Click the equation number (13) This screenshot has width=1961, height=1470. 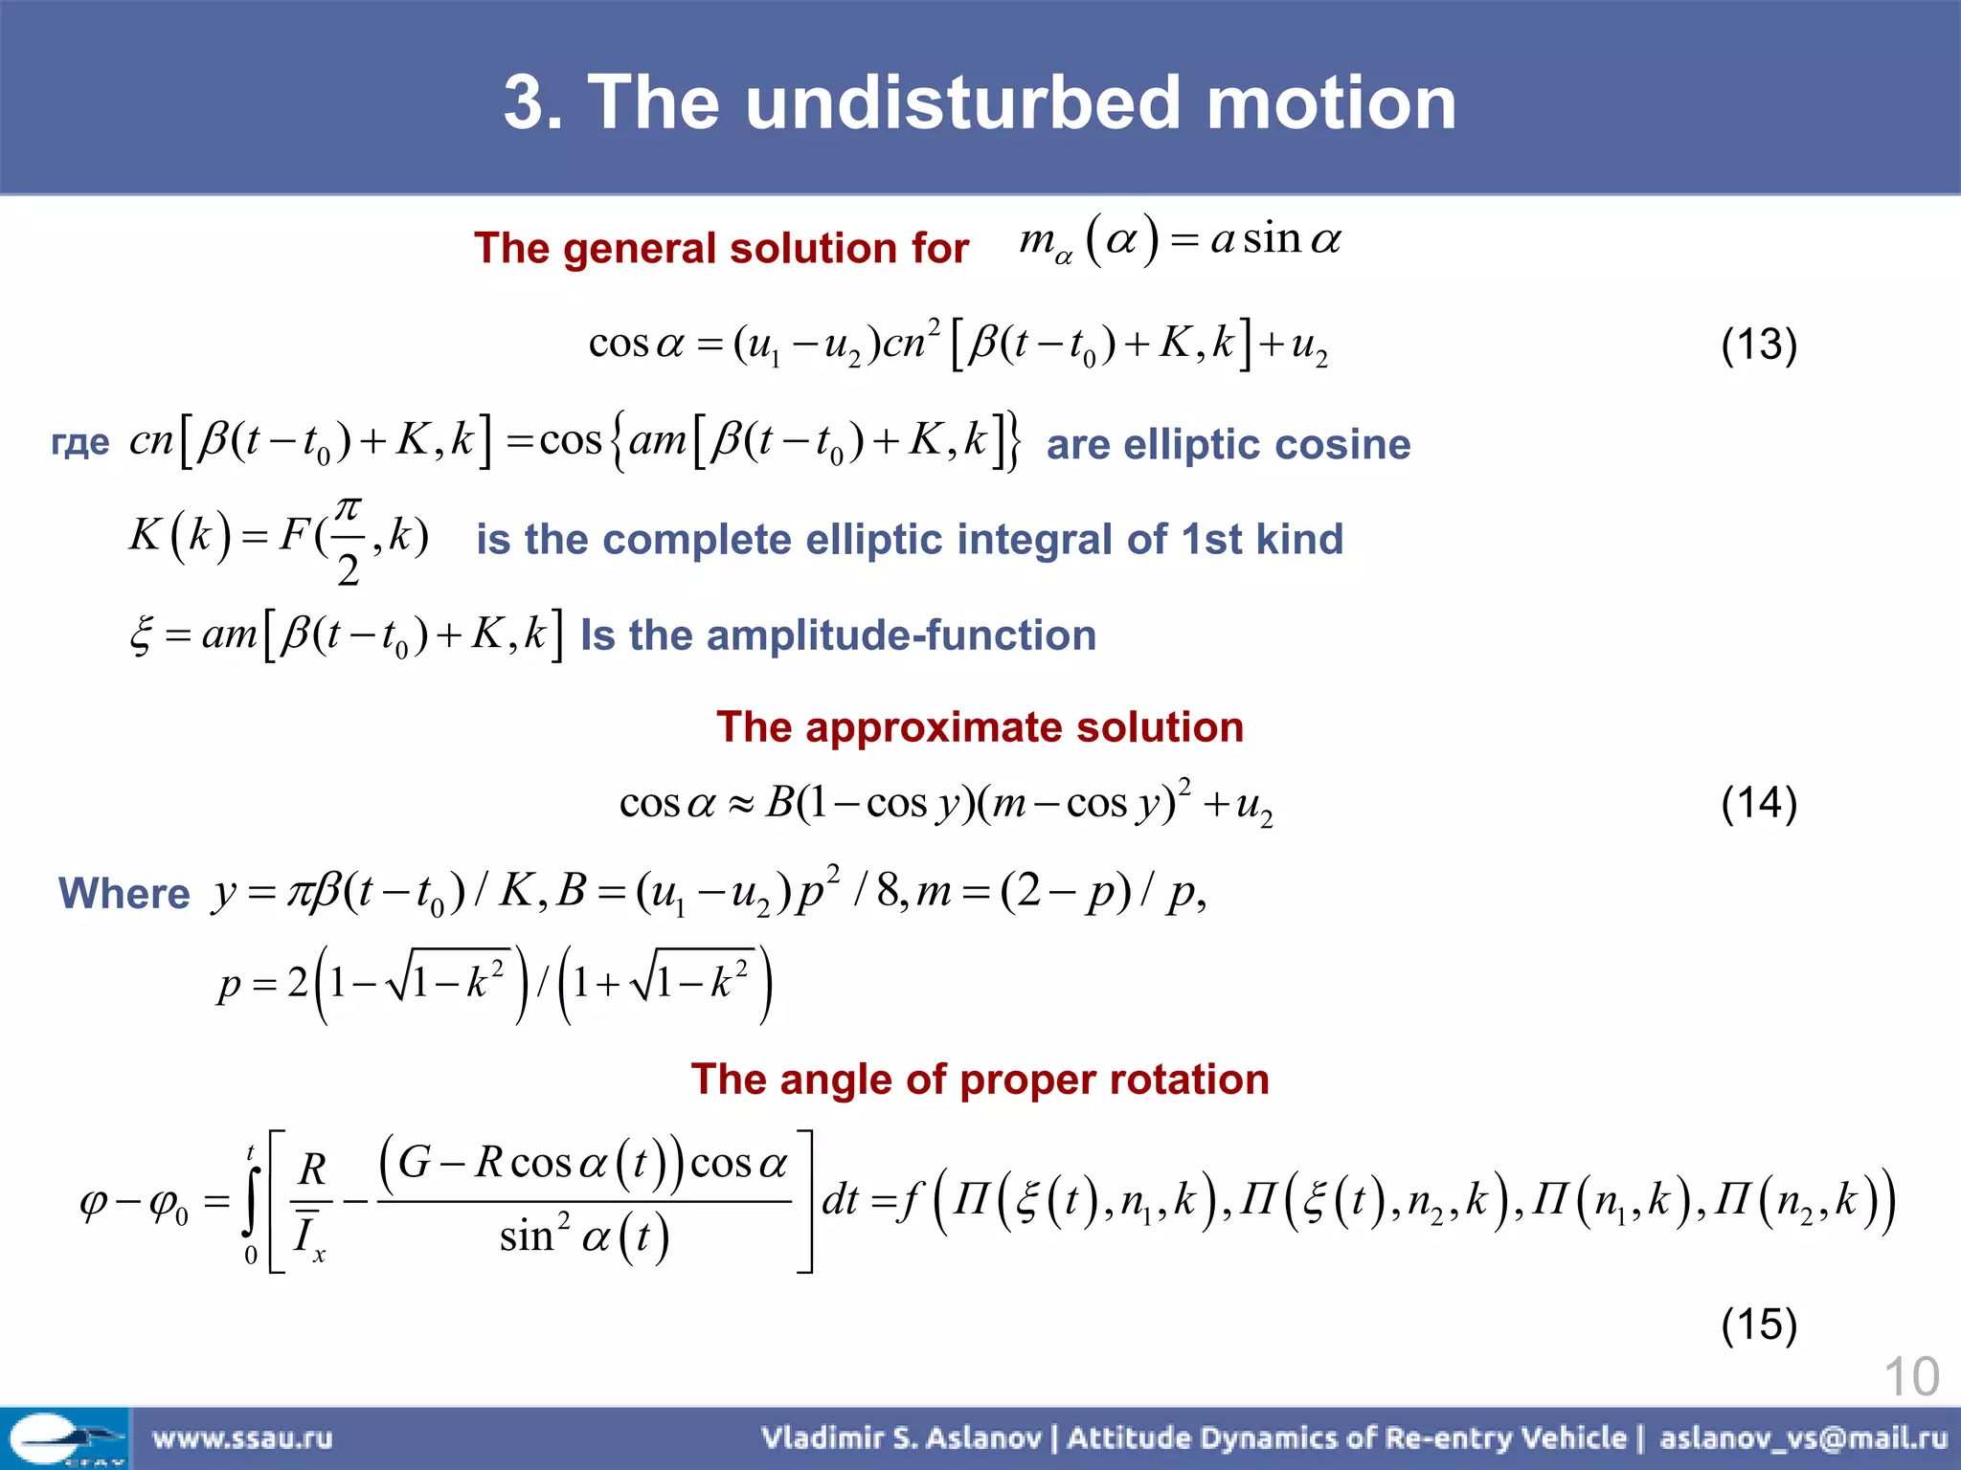coord(1758,345)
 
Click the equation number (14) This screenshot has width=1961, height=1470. coord(1758,802)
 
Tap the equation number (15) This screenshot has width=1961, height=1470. coord(1758,1325)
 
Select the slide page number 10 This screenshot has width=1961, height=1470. coord(1910,1377)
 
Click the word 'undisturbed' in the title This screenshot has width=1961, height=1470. coord(962,102)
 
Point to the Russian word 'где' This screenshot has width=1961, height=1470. coord(80,443)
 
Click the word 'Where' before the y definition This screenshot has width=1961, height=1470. coord(124,894)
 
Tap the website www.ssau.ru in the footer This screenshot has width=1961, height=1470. coord(242,1438)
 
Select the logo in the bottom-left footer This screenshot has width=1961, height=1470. coord(64,1438)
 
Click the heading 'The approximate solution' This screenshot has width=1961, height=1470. coord(980,727)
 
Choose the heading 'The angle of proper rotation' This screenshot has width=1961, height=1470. coord(980,1080)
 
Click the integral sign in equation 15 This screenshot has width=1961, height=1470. coord(252,1201)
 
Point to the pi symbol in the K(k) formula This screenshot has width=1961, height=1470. coord(349,507)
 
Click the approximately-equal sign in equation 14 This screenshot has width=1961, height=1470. coord(740,804)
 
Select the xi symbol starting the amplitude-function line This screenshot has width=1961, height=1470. coord(142,635)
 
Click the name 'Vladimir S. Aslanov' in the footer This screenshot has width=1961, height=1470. coord(901,1438)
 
